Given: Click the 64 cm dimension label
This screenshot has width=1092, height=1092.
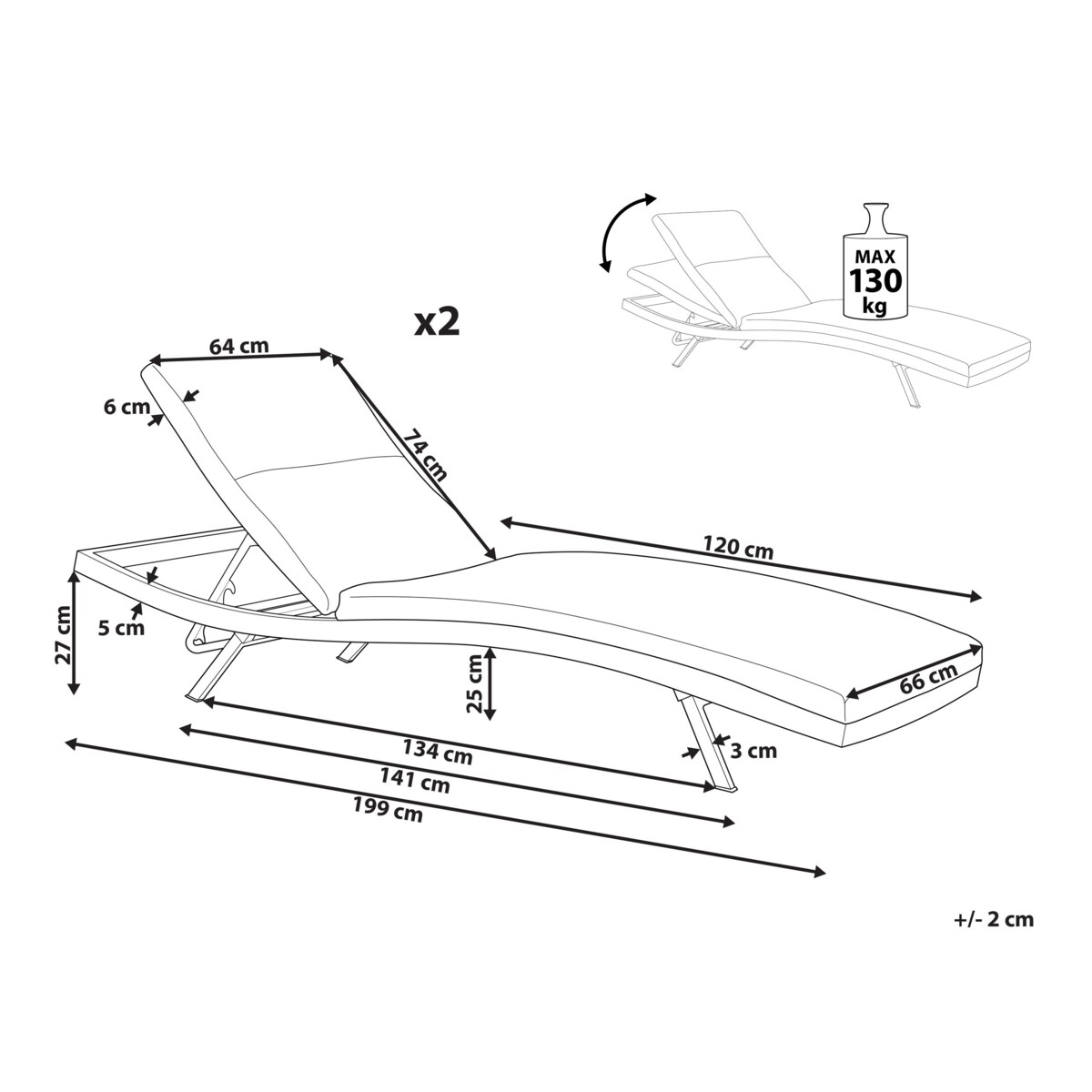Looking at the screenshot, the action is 238,346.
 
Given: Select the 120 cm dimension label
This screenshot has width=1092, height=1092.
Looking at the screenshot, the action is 738,548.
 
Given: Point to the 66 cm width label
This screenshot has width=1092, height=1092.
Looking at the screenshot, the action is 929,677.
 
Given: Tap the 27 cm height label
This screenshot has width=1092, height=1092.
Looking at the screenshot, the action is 64,634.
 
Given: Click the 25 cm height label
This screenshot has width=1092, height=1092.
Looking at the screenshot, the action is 473,684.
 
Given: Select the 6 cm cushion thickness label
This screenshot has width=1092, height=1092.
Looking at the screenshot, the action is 126,407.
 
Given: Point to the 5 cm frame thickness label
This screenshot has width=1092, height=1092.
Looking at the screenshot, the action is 121,629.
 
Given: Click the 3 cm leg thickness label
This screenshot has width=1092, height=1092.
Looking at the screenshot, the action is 753,752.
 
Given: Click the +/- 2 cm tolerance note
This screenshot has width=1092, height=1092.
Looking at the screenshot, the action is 994,919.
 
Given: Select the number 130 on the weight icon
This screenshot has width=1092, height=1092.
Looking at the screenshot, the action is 875,280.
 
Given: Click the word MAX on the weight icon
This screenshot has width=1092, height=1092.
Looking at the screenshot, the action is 875,257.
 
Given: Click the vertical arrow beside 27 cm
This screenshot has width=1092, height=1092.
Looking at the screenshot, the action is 74,632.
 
